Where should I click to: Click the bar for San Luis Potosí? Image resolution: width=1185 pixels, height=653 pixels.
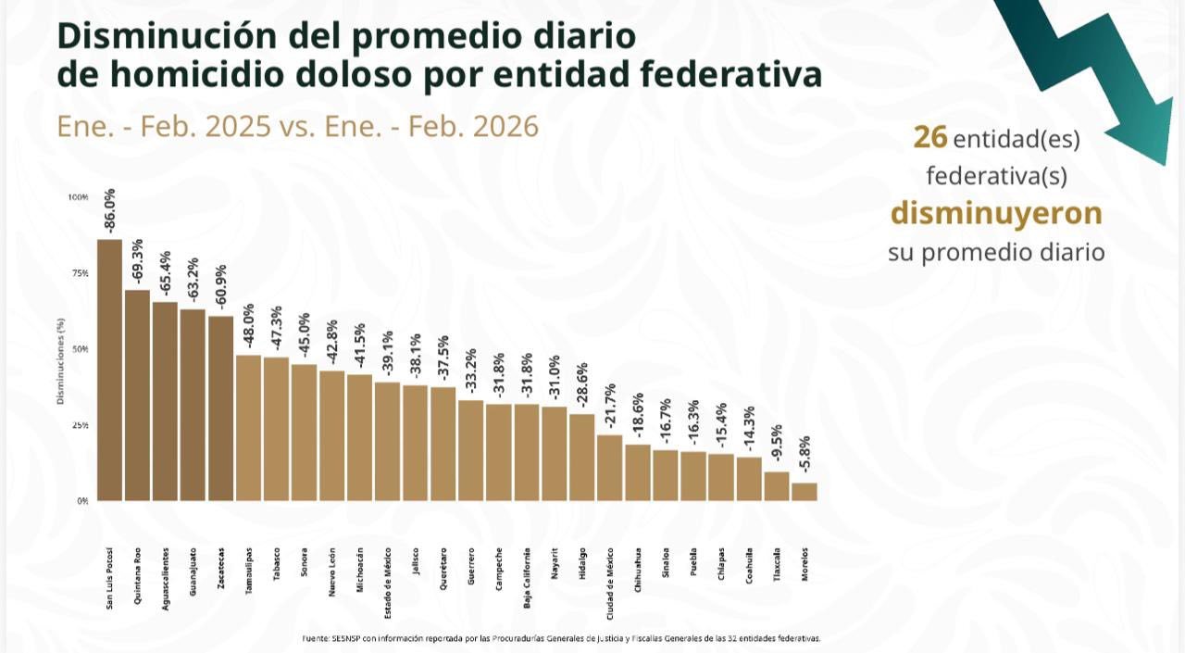(109, 370)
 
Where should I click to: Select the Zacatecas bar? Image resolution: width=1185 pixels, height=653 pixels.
(220, 408)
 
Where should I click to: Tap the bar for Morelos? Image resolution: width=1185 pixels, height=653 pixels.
(805, 492)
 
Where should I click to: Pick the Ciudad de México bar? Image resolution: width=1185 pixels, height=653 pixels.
(609, 468)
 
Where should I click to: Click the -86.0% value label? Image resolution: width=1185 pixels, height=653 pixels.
(110, 212)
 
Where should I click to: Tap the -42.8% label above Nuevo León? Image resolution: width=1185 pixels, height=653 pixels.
(332, 344)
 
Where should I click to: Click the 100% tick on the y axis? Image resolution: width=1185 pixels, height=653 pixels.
(78, 197)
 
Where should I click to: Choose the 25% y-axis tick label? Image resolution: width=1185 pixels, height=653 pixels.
(79, 425)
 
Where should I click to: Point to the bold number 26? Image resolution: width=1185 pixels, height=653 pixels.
(929, 137)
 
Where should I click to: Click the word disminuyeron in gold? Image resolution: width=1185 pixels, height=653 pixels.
(996, 213)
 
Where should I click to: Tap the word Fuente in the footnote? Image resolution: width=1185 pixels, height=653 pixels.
(315, 638)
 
